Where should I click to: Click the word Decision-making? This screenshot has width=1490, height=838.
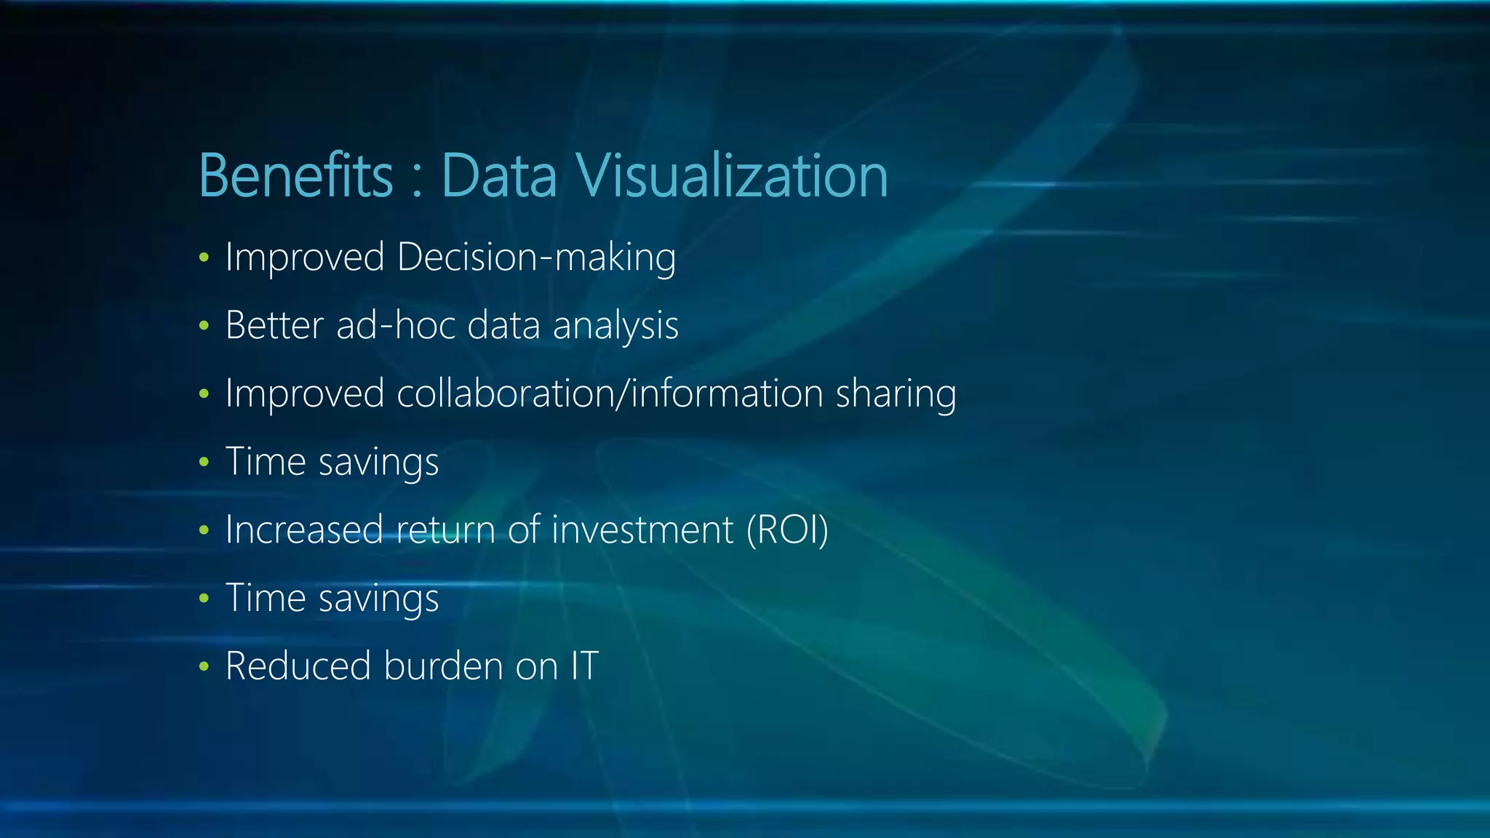coord(536,258)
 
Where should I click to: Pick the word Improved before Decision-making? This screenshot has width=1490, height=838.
coord(305,258)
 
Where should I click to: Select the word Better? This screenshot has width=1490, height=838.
coord(274,325)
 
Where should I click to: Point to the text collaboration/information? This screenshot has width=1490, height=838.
coord(610,394)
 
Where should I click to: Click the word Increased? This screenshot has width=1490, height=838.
coord(304,530)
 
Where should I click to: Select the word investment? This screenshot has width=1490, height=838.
coord(642,530)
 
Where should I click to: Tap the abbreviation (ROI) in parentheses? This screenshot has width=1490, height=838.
coord(787,530)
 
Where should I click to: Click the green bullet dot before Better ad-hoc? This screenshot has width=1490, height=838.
coord(204,326)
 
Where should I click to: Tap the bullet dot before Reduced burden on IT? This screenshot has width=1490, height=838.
coord(204,666)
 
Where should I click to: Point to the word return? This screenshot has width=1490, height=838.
coord(446,530)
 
